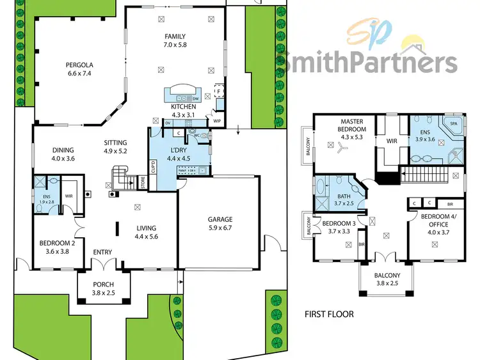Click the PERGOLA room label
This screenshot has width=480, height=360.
80,65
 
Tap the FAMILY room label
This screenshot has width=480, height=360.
175,36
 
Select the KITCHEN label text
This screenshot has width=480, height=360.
182,107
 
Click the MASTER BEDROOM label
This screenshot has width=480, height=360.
352,125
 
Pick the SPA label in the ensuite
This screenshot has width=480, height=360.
453,123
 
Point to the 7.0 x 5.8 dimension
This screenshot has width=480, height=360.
175,45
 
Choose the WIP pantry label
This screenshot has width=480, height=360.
217,120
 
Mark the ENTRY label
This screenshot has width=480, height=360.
102,252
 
